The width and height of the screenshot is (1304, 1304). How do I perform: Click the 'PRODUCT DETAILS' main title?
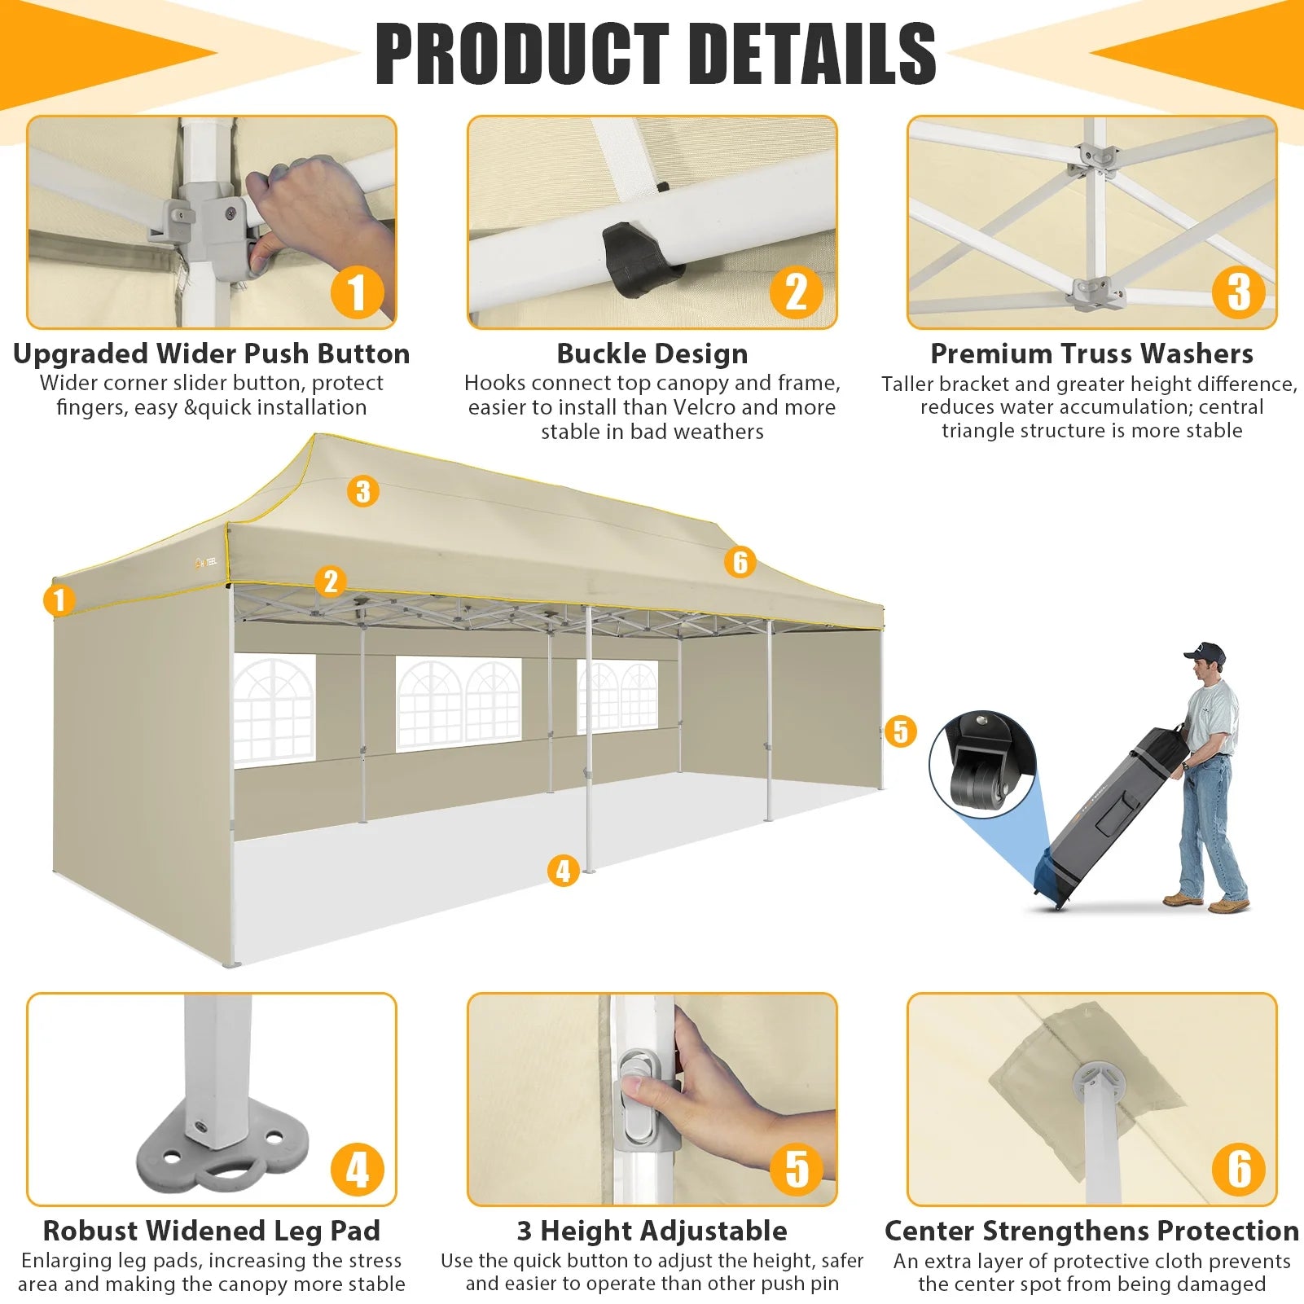coord(655,54)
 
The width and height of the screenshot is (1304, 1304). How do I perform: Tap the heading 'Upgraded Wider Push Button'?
coord(212,353)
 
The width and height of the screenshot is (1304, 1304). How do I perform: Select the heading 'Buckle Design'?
coord(652,353)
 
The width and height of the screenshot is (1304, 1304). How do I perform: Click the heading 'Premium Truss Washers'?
coord(1092,353)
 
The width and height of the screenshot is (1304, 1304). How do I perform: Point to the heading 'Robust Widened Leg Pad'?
coord(212,1230)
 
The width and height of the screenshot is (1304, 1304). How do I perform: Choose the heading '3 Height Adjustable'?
coord(652,1230)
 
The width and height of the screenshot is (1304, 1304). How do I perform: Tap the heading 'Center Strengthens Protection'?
coord(1092,1230)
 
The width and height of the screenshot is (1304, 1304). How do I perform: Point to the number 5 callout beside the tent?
coord(900,731)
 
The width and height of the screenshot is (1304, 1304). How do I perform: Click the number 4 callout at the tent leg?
coord(563,871)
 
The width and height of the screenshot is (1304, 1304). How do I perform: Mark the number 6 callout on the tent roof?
coord(740,562)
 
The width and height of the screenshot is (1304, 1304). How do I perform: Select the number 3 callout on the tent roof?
coord(363,491)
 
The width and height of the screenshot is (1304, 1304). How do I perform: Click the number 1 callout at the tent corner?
coord(59,601)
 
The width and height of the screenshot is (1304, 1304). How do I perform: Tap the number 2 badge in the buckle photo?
coord(796,292)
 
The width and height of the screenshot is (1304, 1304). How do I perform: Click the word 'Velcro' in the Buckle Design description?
coord(706,407)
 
